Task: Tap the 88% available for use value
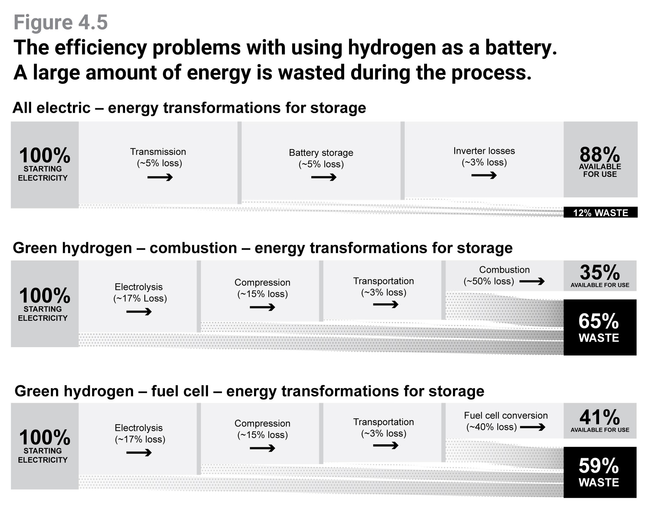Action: (600, 155)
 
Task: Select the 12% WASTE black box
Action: (600, 212)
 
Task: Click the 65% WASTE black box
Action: (600, 327)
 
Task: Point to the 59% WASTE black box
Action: (600, 472)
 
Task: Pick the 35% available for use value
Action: (600, 272)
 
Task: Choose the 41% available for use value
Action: (600, 417)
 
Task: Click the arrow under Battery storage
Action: (324, 177)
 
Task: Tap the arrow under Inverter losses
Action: (484, 175)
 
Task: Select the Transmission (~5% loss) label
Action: (158, 157)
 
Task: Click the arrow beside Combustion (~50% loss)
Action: (532, 281)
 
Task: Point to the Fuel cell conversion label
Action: (506, 415)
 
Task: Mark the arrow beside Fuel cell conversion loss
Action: (532, 427)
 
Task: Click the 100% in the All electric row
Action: (45, 155)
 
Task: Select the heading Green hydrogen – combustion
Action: (125, 248)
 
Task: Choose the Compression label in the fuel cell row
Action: (262, 423)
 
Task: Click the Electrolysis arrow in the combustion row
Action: (139, 312)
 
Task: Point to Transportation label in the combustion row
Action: (384, 281)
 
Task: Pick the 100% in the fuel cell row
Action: (45, 437)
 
